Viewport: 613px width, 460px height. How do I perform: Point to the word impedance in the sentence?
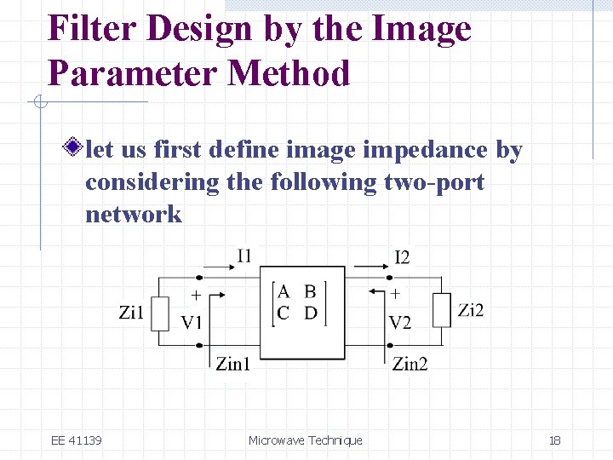pos(426,150)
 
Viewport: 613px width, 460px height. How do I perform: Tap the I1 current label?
pos(243,255)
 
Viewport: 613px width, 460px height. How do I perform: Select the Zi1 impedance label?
pos(132,313)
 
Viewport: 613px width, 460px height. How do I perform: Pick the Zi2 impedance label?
pos(470,310)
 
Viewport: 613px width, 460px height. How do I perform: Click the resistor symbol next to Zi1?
pos(159,313)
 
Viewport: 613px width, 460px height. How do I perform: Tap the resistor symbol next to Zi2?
pos(441,310)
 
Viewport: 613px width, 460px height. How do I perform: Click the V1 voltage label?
pos(192,323)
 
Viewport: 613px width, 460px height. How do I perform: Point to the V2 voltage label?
pos(399,323)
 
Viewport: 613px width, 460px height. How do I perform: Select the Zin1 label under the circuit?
pos(232,364)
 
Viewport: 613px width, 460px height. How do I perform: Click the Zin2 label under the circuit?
pos(410,364)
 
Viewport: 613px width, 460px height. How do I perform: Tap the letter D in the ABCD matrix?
pos(311,313)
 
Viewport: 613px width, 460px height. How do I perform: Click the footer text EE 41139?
pos(77,440)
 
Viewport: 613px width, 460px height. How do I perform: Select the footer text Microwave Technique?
pos(305,440)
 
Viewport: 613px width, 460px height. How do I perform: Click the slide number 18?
pos(554,440)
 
